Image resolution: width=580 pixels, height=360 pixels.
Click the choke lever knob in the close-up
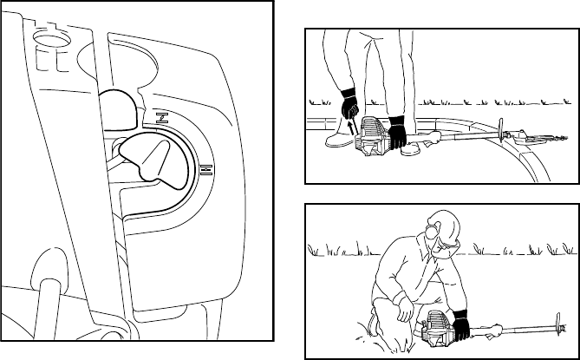(x=147, y=160)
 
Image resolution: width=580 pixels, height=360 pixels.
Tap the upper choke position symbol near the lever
(x=161, y=117)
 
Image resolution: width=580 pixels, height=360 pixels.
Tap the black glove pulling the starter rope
(x=349, y=106)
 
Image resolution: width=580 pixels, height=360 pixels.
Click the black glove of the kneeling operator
(x=459, y=323)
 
